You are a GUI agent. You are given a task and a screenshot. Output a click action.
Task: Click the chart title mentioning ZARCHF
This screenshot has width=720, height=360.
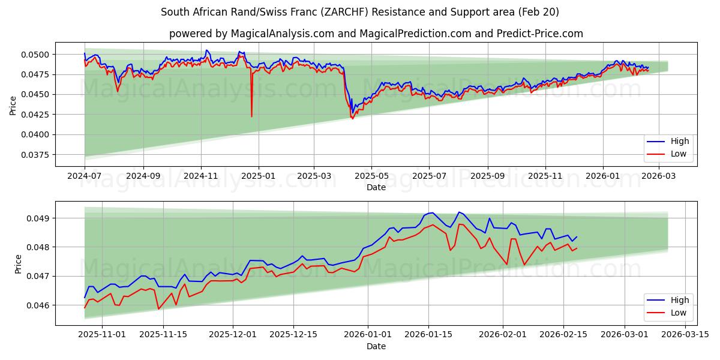point(360,12)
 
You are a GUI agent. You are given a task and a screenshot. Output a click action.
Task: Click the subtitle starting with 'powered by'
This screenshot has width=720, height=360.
point(376,34)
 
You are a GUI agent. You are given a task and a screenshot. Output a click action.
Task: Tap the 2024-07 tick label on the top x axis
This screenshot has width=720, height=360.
point(85,176)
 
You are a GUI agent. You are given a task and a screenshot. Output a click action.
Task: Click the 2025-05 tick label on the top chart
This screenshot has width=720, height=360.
point(371,176)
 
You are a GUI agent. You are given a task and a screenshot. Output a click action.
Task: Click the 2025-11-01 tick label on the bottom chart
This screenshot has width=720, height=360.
point(103,335)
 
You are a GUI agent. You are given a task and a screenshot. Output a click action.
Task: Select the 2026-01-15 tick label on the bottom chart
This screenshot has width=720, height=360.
point(428,335)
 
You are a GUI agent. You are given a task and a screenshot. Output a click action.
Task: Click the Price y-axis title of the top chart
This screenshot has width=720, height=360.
point(13,104)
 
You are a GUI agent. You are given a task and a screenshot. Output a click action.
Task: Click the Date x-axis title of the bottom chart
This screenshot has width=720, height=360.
point(376,346)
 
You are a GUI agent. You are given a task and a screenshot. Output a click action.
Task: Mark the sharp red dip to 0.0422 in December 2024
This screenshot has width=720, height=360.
point(251,116)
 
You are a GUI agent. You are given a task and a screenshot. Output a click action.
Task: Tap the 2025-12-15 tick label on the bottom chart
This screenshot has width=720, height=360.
point(293,335)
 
